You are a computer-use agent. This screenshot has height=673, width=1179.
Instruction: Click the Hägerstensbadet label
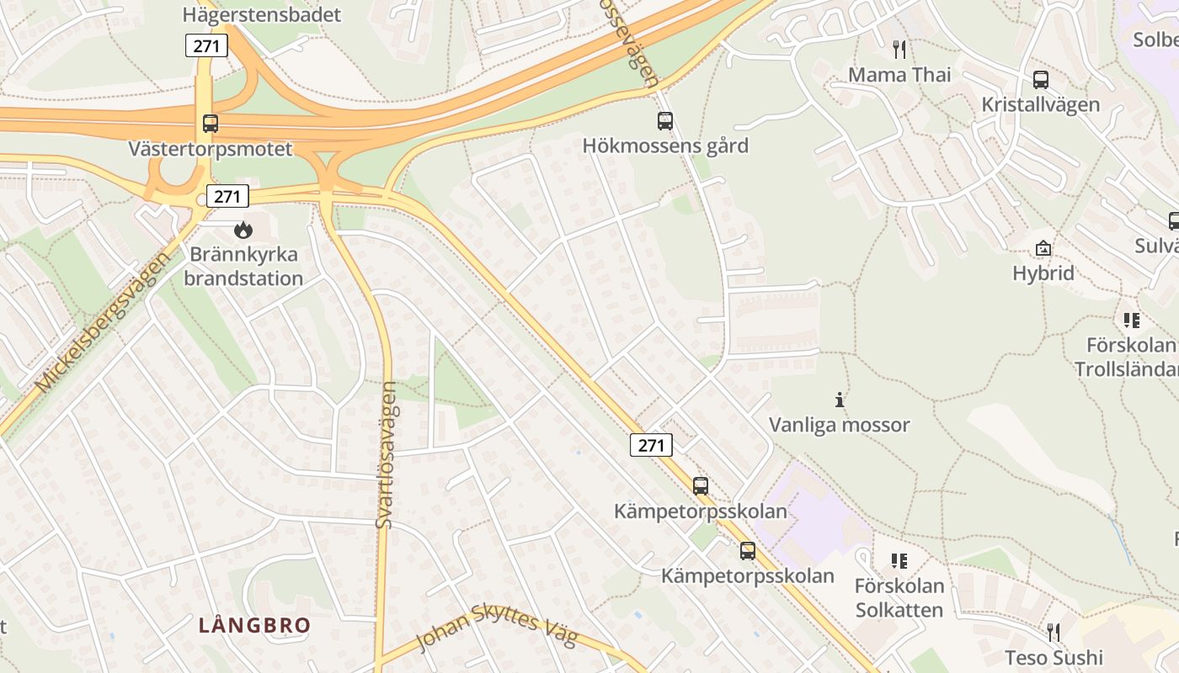[x=262, y=14]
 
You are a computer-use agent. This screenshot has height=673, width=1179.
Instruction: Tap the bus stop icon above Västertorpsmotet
[x=211, y=124]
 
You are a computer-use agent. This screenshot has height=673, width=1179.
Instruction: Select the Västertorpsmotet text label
[x=211, y=149]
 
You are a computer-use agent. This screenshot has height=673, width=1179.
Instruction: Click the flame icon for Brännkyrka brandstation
[x=243, y=229]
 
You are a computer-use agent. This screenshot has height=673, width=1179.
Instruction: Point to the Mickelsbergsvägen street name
[x=103, y=322]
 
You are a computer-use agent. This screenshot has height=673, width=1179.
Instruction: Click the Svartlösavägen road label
[x=386, y=455]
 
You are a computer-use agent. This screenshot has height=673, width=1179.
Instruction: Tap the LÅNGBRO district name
[x=254, y=625]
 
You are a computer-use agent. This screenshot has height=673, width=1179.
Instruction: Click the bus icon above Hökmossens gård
[x=665, y=120]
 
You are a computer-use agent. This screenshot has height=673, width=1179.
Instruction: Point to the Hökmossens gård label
[x=665, y=146]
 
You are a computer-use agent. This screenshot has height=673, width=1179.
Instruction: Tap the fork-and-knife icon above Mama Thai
[x=899, y=50]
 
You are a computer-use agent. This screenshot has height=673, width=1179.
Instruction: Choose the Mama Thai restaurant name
[x=899, y=75]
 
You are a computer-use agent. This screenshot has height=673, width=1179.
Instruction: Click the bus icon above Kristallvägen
[x=1041, y=80]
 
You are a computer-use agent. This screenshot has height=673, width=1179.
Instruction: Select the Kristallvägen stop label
[x=1041, y=104]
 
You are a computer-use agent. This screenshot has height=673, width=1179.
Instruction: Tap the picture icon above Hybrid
[x=1043, y=248]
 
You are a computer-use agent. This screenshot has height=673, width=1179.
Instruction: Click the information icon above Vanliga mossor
[x=839, y=400]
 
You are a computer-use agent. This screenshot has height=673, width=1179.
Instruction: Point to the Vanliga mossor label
[x=839, y=425]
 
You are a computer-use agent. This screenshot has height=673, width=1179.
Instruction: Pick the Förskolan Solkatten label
[x=899, y=597]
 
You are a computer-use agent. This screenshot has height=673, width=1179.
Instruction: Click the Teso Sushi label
[x=1054, y=657]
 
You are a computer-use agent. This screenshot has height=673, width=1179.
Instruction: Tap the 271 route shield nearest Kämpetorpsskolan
[x=651, y=445]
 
